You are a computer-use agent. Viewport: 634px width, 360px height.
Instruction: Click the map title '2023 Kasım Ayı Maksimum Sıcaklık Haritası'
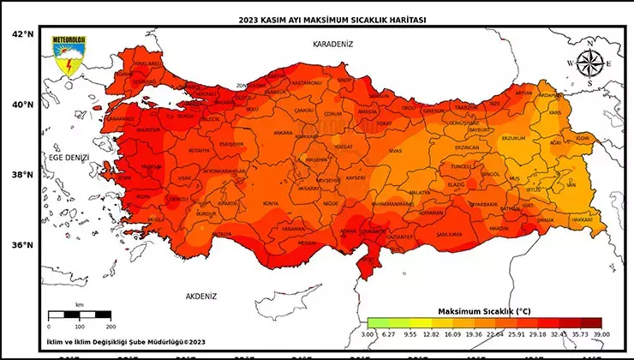322,19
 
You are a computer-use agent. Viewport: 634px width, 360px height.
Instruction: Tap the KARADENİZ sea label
332,43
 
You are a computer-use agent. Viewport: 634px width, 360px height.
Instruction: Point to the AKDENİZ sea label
201,296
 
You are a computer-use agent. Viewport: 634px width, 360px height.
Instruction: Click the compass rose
589,64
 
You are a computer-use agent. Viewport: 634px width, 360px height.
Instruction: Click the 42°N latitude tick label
21,33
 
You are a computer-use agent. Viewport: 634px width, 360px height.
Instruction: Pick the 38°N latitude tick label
21,175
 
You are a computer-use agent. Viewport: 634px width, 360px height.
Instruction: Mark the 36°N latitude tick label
21,244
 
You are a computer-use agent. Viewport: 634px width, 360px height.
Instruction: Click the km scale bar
79,316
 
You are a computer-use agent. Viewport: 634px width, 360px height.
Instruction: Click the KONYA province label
271,203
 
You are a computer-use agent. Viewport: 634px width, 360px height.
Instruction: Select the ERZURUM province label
512,137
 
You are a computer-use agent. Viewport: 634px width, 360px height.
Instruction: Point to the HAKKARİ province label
581,219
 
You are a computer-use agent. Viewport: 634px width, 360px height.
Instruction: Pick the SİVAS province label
394,150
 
